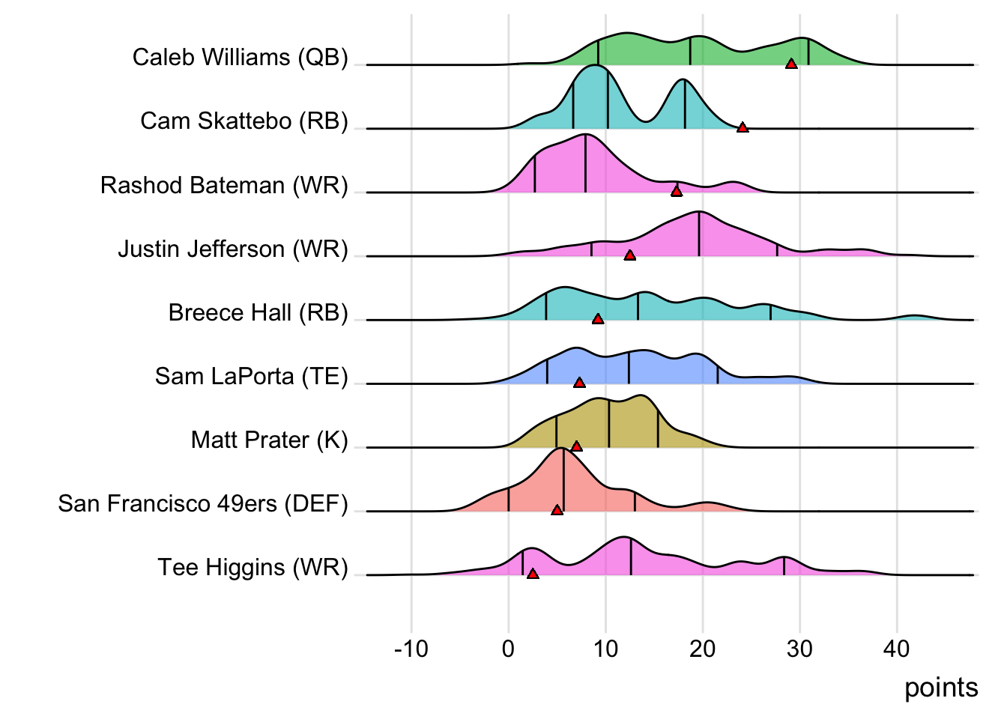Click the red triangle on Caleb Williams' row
click(x=791, y=64)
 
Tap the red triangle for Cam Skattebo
click(x=743, y=128)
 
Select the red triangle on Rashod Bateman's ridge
click(x=677, y=192)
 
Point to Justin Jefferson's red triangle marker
click(x=630, y=255)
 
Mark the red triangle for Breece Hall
click(x=598, y=319)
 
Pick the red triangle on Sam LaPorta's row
click(x=579, y=383)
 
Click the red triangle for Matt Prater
click(x=576, y=446)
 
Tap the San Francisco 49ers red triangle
click(x=557, y=510)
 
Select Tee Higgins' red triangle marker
click(x=533, y=574)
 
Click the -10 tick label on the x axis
click(x=411, y=649)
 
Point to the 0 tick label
click(x=509, y=649)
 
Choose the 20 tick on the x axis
click(x=703, y=649)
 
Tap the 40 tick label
click(x=897, y=649)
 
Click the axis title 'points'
click(x=941, y=688)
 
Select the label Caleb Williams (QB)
click(x=240, y=58)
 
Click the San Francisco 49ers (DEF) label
click(x=203, y=504)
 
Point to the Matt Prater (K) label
click(x=270, y=440)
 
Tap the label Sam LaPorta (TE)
click(x=251, y=376)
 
